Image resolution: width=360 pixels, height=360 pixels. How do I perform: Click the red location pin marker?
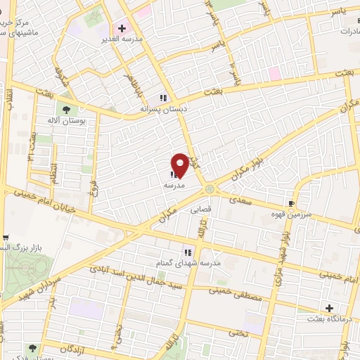tap(180, 165)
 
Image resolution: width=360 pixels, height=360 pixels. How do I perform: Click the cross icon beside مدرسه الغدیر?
tap(122, 28)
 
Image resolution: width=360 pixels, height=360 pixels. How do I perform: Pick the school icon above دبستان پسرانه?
tap(162, 98)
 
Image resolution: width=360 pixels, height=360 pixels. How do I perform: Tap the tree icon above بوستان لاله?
tap(67, 109)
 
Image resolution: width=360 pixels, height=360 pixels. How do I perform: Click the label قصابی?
tap(199, 210)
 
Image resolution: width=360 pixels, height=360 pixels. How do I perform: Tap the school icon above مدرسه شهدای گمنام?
tap(187, 251)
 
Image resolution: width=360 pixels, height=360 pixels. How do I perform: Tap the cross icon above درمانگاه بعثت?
tap(329, 308)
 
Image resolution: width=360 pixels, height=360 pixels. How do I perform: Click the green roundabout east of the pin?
tap(210, 188)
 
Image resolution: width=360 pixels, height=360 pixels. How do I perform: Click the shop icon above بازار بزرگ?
tap(5, 238)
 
